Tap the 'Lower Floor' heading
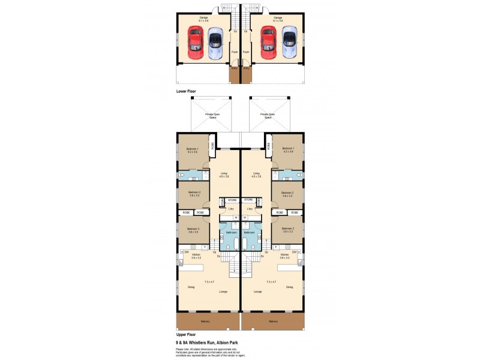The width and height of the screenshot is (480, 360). [x=186, y=91]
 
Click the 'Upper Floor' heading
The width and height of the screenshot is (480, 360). [x=186, y=334]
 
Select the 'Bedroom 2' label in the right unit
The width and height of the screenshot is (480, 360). [x=288, y=193]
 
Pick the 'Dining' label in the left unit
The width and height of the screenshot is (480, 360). [x=191, y=287]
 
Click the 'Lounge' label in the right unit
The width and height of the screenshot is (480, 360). [x=257, y=292]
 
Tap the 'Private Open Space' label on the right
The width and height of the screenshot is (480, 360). [x=268, y=115]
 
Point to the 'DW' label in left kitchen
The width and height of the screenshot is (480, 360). [x=187, y=252]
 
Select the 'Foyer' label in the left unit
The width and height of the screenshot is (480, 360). [x=235, y=52]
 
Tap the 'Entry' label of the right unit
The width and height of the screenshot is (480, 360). [x=246, y=68]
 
